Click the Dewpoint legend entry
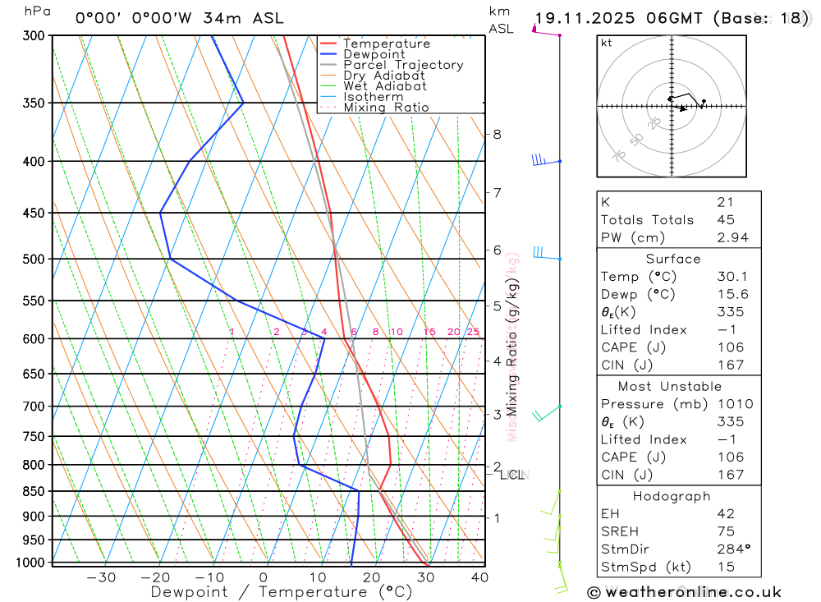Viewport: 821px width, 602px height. click(x=374, y=54)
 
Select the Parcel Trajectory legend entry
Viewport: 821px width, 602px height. click(x=403, y=65)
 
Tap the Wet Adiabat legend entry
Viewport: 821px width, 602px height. click(x=385, y=86)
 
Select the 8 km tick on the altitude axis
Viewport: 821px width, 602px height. click(x=497, y=134)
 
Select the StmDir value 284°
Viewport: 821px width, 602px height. click(x=731, y=549)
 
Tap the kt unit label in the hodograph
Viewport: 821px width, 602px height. click(x=607, y=43)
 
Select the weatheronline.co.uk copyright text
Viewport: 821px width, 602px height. click(x=684, y=591)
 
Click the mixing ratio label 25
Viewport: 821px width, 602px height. click(x=473, y=332)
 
